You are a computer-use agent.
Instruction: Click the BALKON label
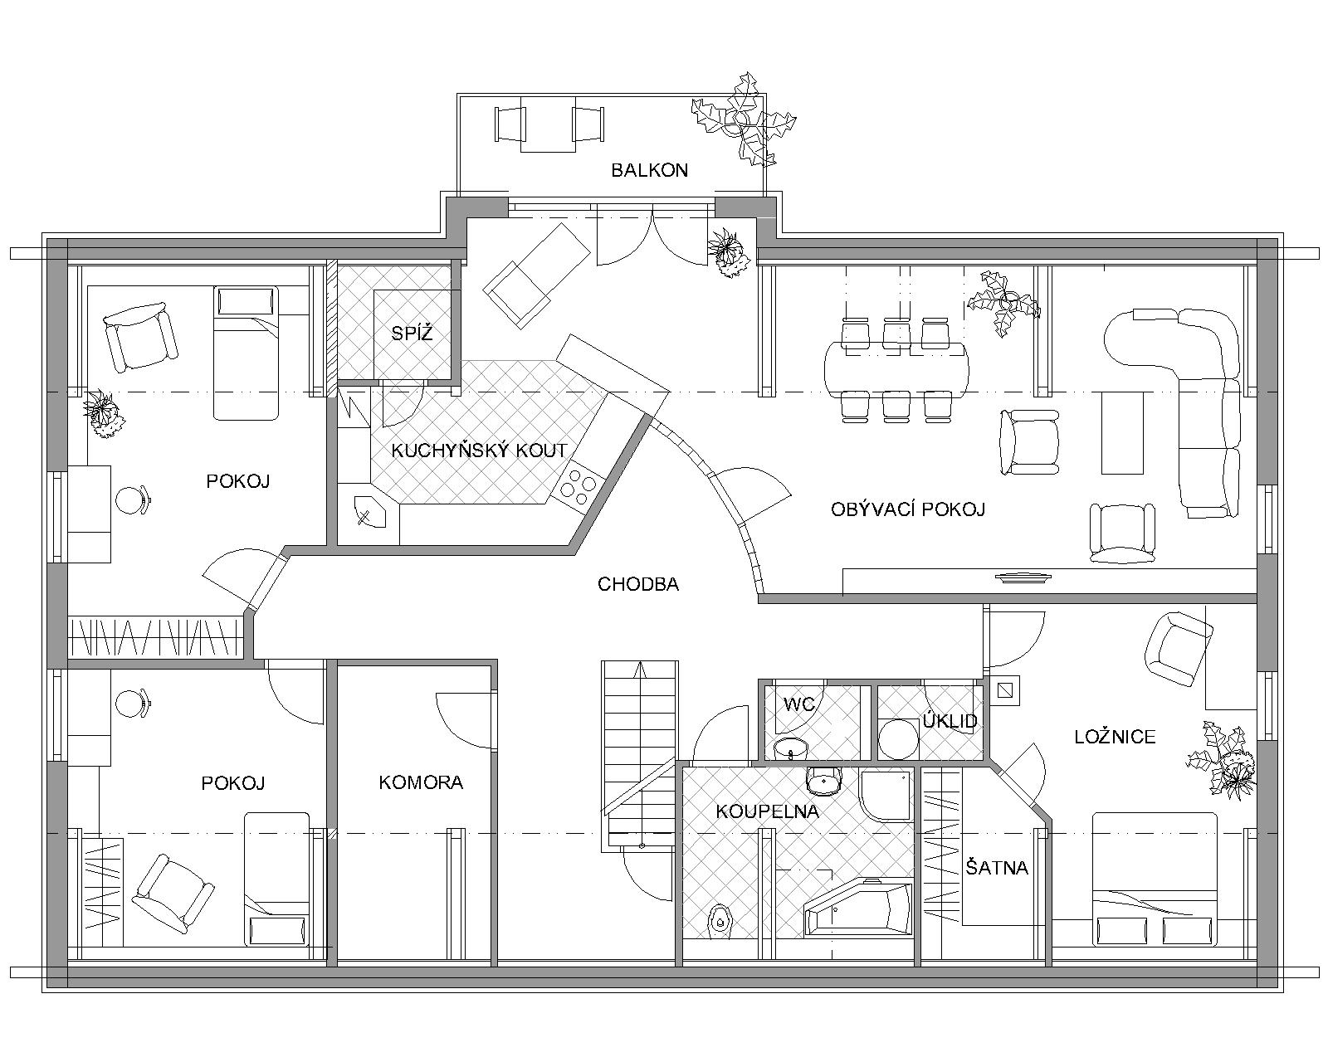pos(649,170)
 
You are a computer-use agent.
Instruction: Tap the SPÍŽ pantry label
pos(412,334)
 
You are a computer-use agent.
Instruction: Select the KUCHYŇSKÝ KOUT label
pos(479,450)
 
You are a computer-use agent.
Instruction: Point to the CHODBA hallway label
pos(638,584)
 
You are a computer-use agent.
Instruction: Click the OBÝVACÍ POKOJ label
pos(908,509)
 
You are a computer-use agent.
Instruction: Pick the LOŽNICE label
pos(1115,737)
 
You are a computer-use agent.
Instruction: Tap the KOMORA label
pos(421,782)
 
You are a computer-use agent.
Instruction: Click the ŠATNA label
pos(997,867)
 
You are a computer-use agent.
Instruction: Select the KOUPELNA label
pos(767,811)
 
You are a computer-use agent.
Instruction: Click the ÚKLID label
pos(950,721)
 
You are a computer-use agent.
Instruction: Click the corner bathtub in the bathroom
pos(858,909)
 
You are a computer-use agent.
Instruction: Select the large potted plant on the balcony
pos(744,119)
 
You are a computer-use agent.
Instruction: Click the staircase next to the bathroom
pos(640,756)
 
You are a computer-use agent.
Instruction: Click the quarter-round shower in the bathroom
pos(885,795)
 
